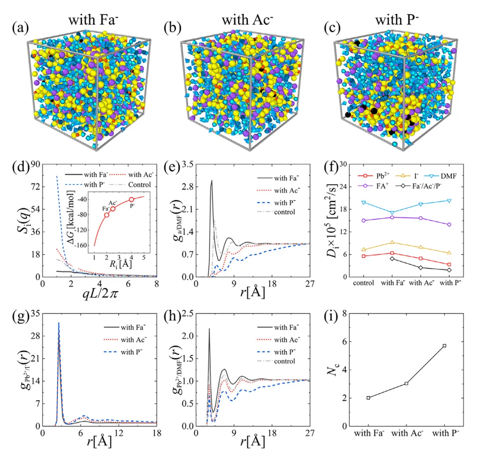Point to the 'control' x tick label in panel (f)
(x=363, y=283)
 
